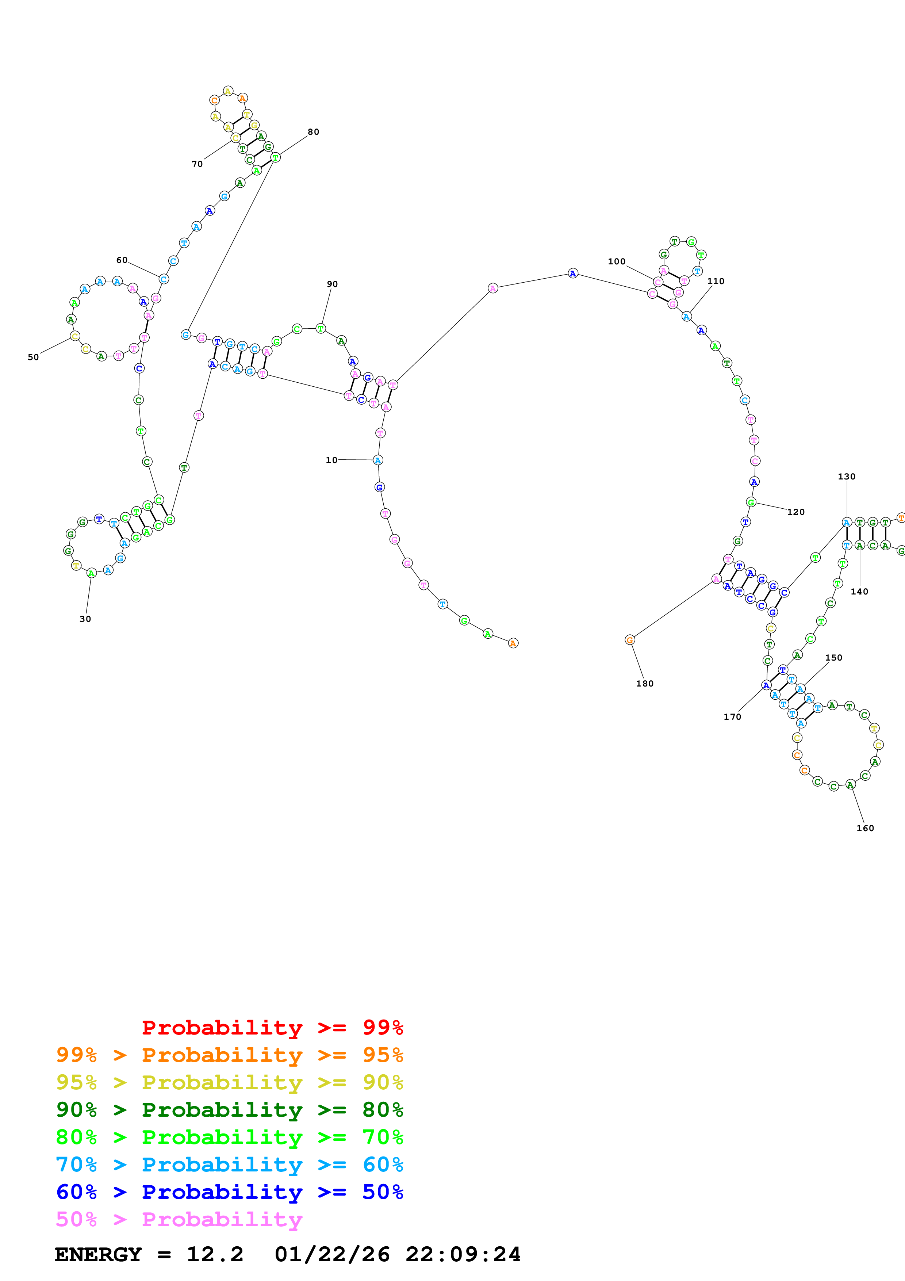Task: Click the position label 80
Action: coord(313,132)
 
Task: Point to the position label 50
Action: coord(34,357)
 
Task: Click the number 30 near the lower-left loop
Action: coord(85,619)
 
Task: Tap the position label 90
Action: coord(332,284)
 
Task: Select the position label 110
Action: coord(716,281)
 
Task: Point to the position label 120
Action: coord(796,512)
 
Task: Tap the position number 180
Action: coord(645,684)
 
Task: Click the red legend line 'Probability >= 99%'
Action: coord(272,1028)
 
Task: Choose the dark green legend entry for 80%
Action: coord(229,1110)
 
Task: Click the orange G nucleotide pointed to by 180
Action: coord(629,640)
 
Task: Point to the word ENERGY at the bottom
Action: coord(98,1255)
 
